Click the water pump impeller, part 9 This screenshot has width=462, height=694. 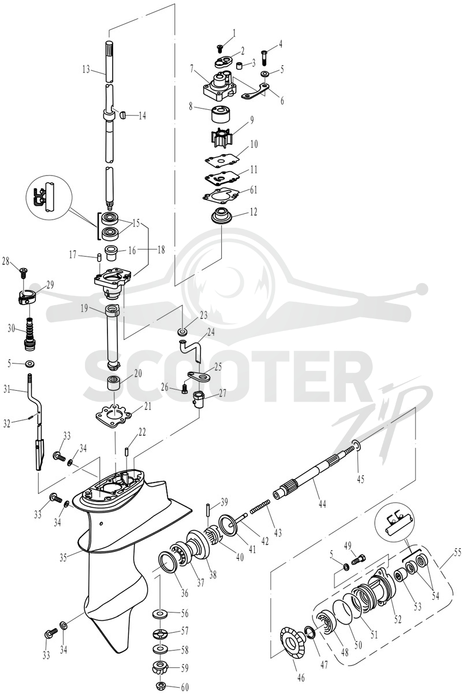[220, 136]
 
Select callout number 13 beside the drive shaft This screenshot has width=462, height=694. [86, 69]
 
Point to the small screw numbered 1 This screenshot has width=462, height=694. [220, 48]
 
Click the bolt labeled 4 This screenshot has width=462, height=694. [264, 57]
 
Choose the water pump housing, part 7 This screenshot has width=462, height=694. [219, 85]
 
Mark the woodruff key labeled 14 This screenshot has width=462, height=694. [123, 115]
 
